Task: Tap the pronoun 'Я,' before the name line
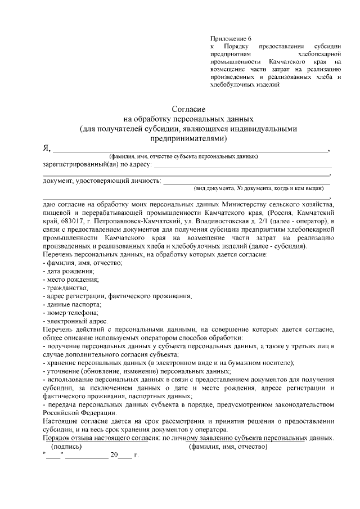point(47,148)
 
